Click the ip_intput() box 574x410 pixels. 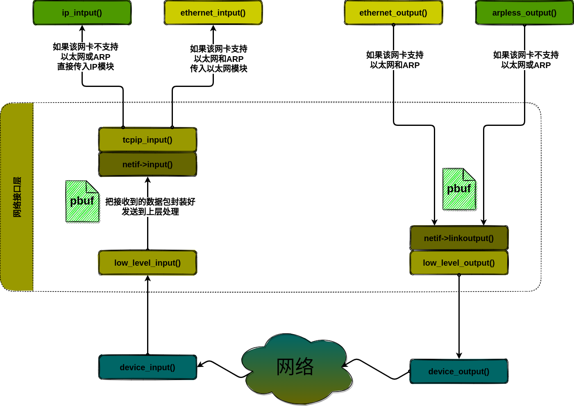click(x=82, y=13)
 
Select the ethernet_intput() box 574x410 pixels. click(x=213, y=13)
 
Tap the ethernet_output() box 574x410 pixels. click(x=393, y=13)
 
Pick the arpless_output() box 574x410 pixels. click(x=524, y=13)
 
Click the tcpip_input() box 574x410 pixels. click(x=147, y=140)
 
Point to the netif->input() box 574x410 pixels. click(x=147, y=164)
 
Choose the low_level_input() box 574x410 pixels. click(x=147, y=263)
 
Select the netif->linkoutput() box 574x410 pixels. click(x=459, y=238)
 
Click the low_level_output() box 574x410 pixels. click(x=459, y=263)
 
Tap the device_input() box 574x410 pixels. click(x=147, y=367)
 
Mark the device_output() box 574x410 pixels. click(x=459, y=371)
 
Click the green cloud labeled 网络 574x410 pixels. click(x=295, y=367)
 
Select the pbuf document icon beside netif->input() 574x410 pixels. click(x=82, y=202)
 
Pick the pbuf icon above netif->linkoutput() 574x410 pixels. click(x=459, y=189)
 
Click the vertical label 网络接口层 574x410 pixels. click(x=17, y=197)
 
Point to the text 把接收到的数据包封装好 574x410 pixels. click(x=150, y=202)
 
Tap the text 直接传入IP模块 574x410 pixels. click(x=86, y=66)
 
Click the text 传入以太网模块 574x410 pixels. click(x=219, y=68)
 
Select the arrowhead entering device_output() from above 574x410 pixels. click(x=459, y=355)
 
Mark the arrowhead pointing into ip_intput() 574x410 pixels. click(x=82, y=28)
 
